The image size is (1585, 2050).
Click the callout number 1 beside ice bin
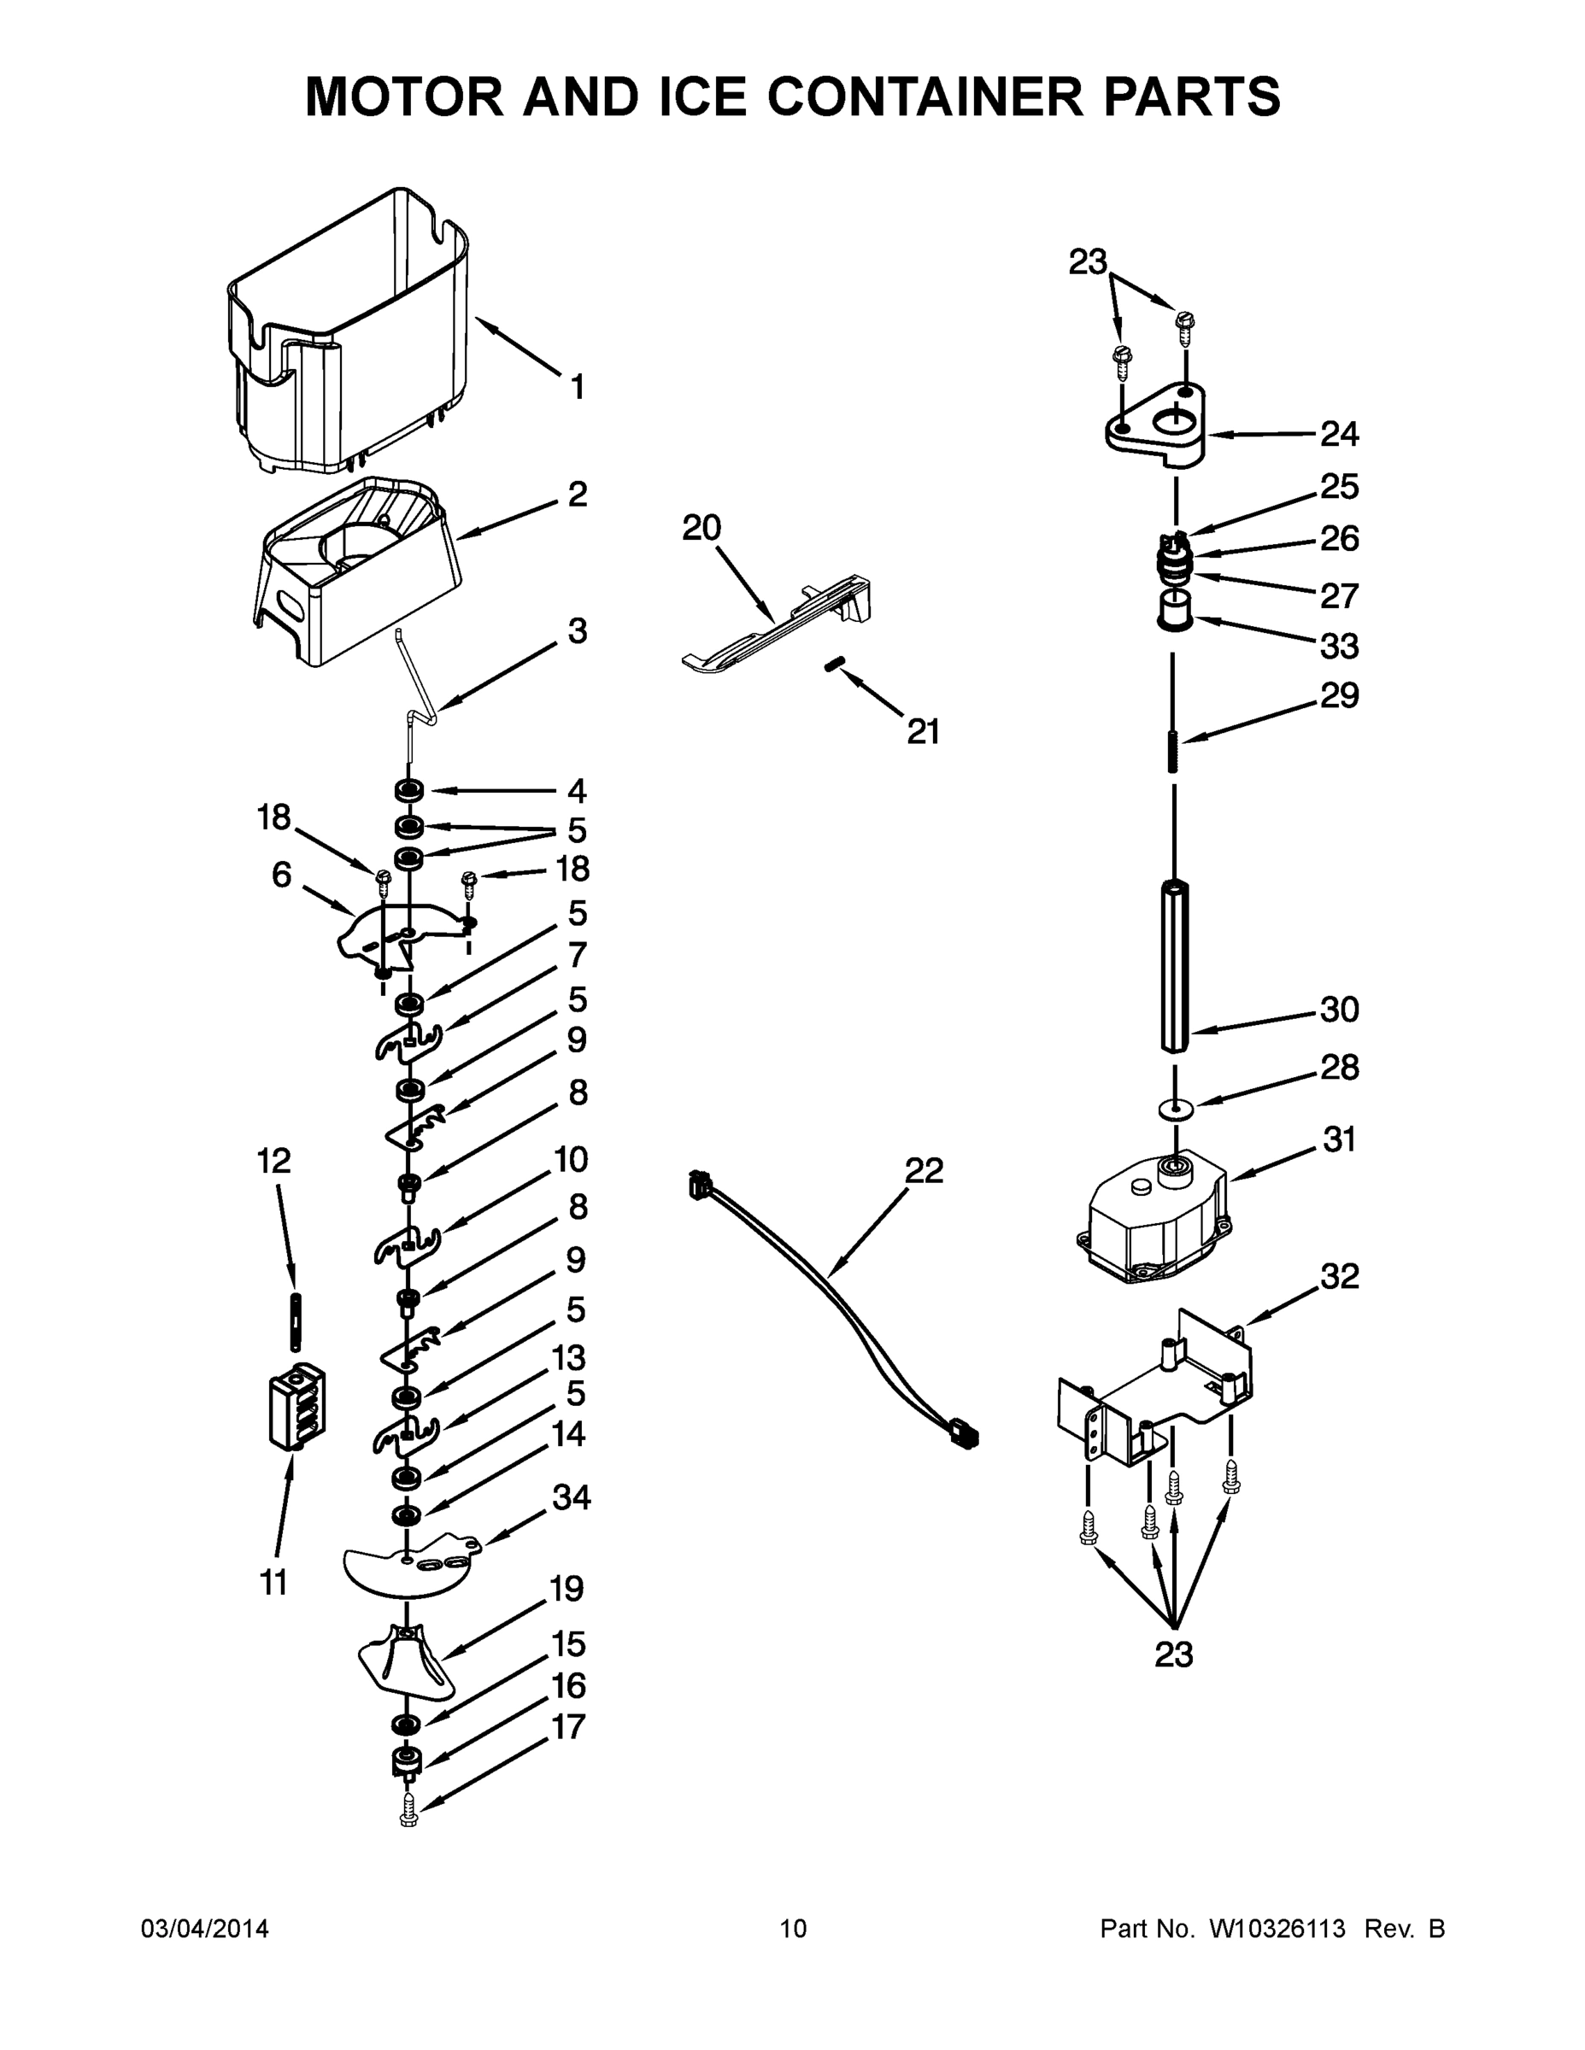[578, 386]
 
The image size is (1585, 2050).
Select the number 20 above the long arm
[701, 528]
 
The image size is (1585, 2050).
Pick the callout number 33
[1339, 646]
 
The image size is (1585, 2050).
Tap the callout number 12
[274, 1161]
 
